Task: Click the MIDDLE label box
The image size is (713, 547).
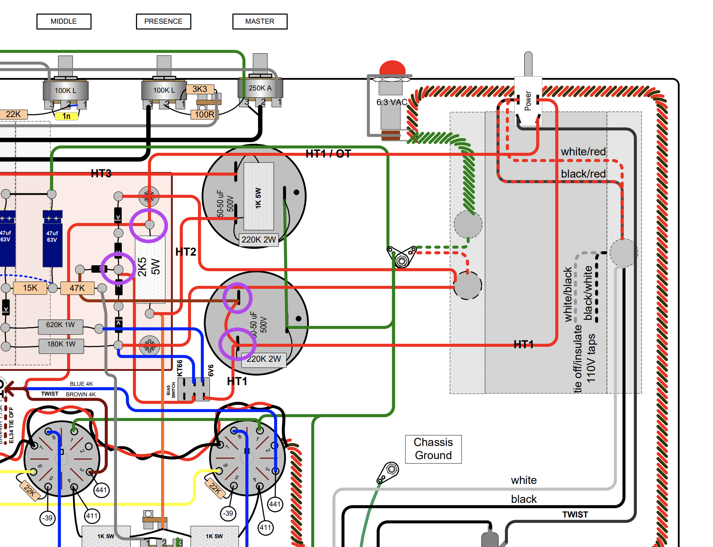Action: tap(64, 22)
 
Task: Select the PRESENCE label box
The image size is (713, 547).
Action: tap(163, 22)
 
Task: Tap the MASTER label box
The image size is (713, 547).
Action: tap(260, 22)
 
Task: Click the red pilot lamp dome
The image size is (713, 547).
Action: tap(392, 68)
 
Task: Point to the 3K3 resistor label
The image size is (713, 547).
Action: tap(200, 89)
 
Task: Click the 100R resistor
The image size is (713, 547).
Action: tap(204, 115)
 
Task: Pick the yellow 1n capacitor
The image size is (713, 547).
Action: tap(66, 116)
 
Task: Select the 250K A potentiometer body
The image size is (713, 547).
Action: tap(260, 88)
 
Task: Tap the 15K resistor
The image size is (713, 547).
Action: tap(30, 288)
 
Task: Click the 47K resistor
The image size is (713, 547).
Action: tap(77, 288)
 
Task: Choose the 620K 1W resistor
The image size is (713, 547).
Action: tap(61, 325)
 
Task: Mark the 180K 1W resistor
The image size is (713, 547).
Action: tap(61, 344)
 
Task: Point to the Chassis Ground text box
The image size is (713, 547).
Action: tap(433, 449)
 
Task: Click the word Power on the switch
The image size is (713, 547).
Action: tap(528, 101)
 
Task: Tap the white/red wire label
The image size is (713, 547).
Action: tap(583, 152)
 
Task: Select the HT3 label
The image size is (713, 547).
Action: tap(101, 174)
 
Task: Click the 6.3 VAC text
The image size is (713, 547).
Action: tap(392, 102)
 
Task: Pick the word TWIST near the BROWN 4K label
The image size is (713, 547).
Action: tap(50, 394)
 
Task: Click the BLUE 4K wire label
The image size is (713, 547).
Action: tap(81, 384)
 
